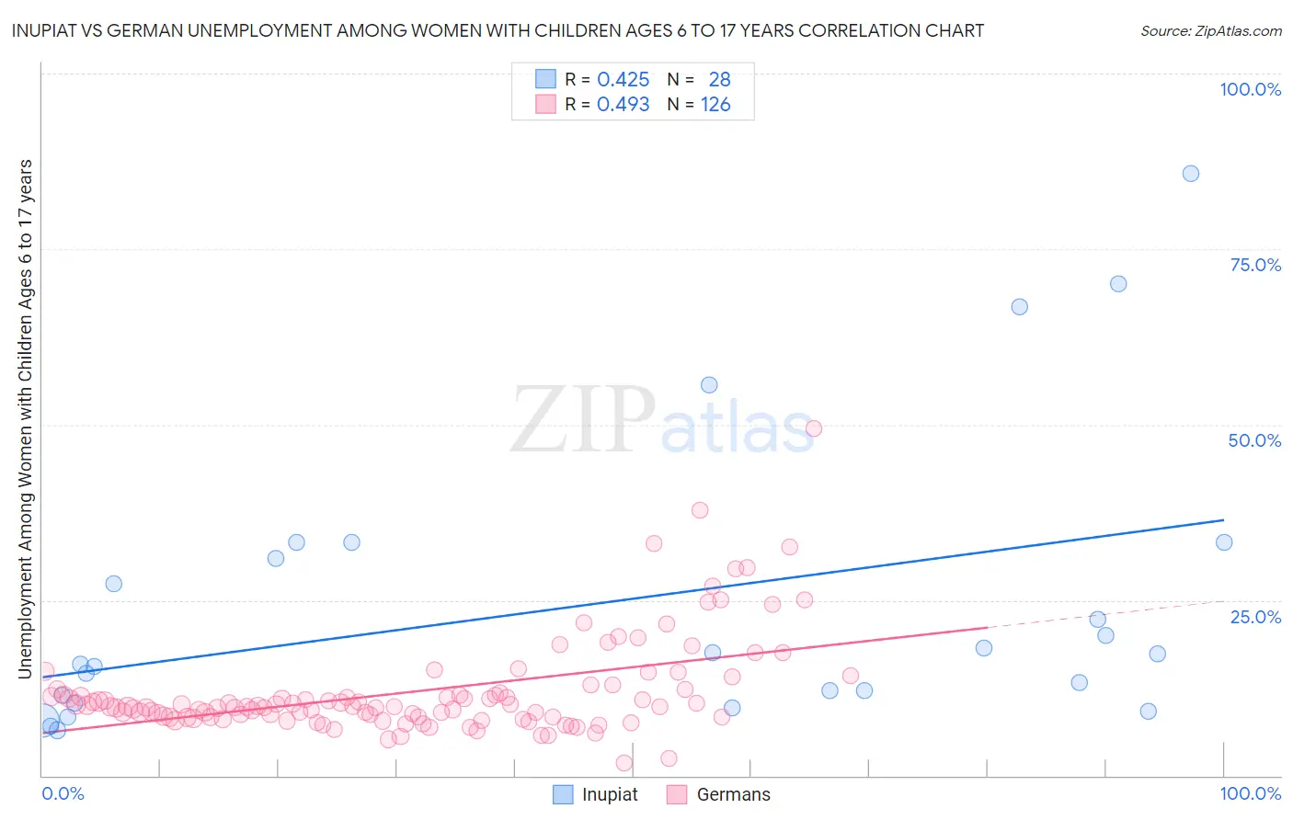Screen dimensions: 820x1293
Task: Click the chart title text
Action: tap(498, 30)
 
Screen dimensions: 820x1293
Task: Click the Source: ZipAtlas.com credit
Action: tap(1210, 30)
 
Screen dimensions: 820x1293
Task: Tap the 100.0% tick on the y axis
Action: tap(1250, 89)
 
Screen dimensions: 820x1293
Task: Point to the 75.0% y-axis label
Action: tap(1255, 265)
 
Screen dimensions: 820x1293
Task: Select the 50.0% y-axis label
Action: tap(1254, 440)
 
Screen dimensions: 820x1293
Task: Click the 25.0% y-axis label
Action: tap(1255, 616)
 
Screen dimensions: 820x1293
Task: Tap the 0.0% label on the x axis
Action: tap(63, 793)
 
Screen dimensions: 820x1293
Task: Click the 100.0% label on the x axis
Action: tap(1250, 793)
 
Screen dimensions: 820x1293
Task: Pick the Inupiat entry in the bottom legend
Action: tap(596, 794)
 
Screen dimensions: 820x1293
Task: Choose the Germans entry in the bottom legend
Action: tap(719, 794)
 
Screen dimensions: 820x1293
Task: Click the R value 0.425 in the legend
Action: tap(623, 80)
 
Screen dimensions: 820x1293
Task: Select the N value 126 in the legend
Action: tap(715, 105)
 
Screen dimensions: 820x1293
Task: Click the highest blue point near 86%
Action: tap(1190, 174)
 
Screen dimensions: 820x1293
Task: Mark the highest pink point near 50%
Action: tap(813, 428)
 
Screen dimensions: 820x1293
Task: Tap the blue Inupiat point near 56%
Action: tap(709, 385)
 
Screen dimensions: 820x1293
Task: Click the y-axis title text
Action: tap(25, 419)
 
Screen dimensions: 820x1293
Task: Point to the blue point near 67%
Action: tap(1019, 307)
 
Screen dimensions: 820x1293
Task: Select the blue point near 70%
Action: tap(1118, 284)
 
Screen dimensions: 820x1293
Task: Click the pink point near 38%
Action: tap(700, 510)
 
